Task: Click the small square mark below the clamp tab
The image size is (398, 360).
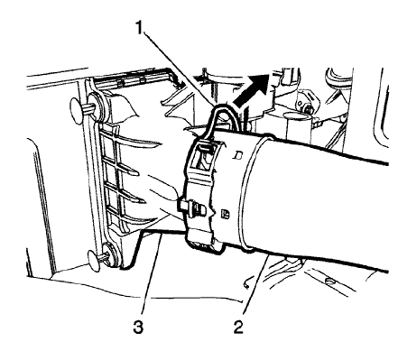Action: click(224, 215)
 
